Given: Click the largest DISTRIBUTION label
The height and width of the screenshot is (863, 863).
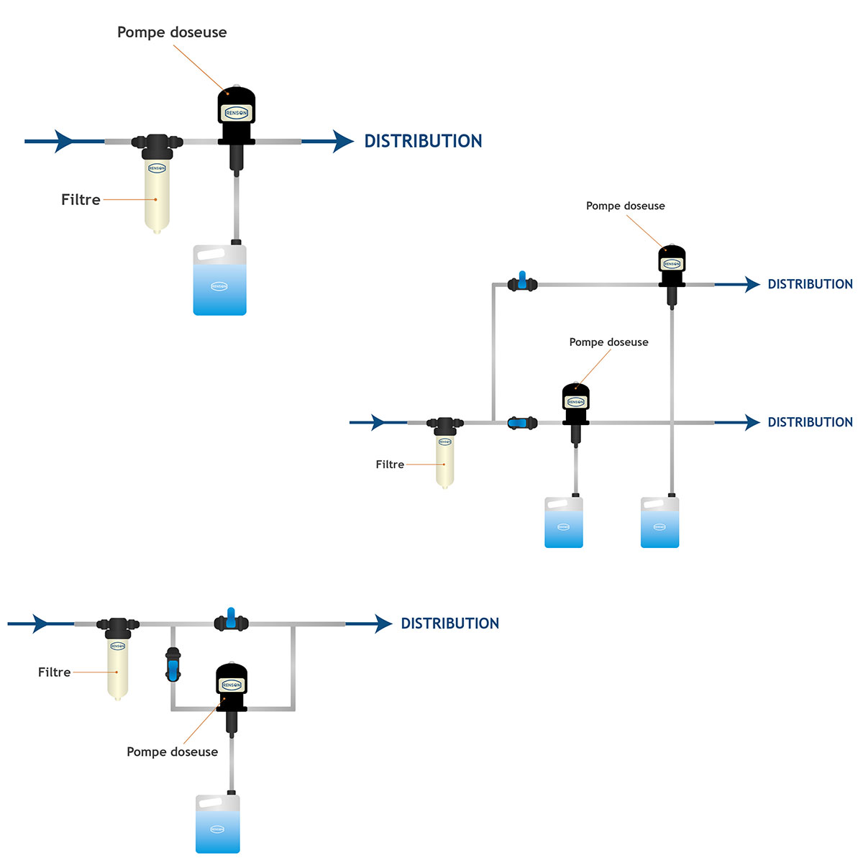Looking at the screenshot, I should pos(423,141).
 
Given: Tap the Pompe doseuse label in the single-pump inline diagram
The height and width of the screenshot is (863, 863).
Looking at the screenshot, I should pos(172,32).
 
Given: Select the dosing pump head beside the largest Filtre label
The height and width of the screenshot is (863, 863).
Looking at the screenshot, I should pos(237,108).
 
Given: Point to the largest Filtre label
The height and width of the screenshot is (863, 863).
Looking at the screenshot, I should pos(81,200).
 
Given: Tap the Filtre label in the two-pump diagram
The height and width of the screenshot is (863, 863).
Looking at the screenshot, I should pos(390,465).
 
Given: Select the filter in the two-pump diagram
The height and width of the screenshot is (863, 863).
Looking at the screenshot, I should pos(445,453).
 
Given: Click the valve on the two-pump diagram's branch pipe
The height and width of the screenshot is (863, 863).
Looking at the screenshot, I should pos(523,283).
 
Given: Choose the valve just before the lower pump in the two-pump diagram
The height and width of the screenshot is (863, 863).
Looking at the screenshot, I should pos(523,423).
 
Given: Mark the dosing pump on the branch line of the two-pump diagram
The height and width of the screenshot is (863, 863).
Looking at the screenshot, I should pos(672,262).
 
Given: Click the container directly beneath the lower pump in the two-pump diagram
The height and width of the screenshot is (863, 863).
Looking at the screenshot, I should pos(564,522).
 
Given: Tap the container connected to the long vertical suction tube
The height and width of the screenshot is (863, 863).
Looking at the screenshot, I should pos(659,522).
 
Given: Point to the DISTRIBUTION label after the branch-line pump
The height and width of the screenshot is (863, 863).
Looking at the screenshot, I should pos(810,284).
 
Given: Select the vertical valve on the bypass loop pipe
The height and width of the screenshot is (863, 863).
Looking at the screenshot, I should pos(173,665).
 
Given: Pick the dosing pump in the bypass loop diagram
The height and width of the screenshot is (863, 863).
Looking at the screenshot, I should pos(232,687).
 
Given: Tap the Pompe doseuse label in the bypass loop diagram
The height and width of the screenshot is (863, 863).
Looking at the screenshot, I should pos(172,752).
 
